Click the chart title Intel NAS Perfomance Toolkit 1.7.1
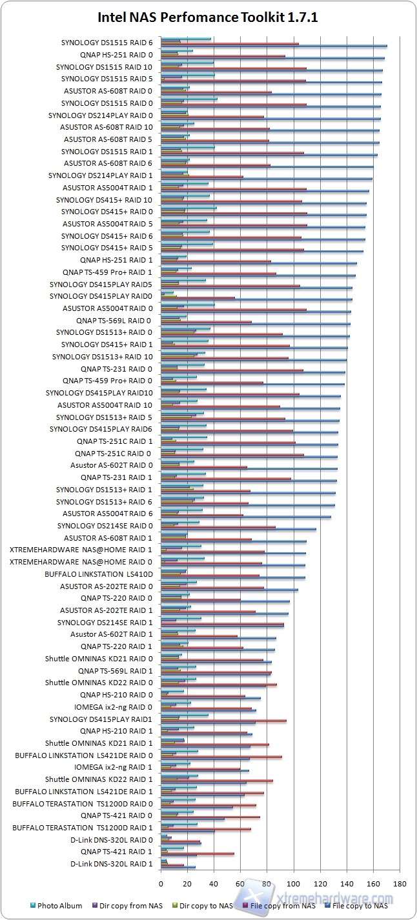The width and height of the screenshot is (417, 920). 208,17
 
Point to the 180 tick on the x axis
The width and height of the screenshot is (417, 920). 400,882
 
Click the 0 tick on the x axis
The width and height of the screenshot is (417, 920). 161,882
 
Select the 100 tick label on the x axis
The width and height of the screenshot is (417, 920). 294,882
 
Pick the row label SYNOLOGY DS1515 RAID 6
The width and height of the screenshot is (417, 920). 107,43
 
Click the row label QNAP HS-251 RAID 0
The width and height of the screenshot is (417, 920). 116,55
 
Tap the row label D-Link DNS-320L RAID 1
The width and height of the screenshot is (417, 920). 111,863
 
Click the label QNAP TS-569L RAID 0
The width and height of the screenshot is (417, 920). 114,320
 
